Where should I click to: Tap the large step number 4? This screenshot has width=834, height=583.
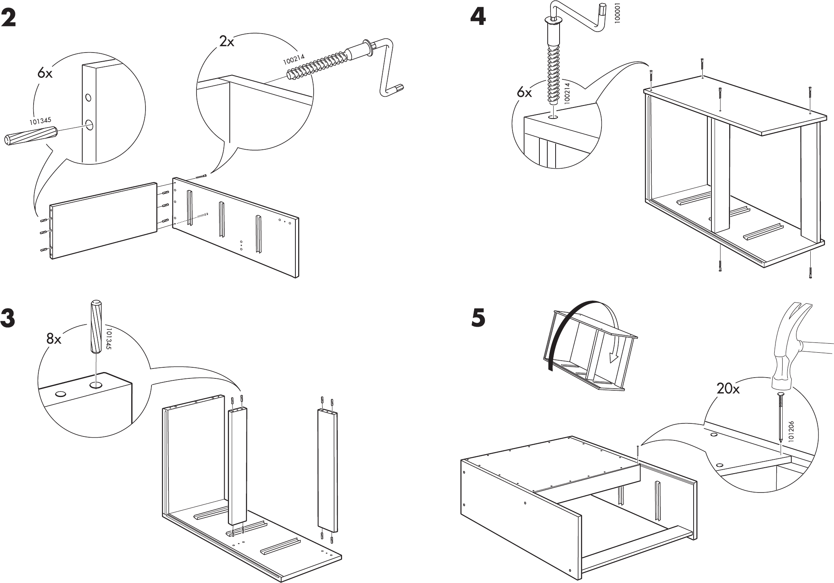pos(478,17)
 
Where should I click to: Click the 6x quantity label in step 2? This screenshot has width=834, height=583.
pos(45,73)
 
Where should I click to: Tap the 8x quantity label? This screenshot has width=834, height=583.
pos(54,339)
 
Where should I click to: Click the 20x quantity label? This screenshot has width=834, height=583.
pos(728,389)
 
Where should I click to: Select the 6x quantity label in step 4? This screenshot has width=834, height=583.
pos(524,93)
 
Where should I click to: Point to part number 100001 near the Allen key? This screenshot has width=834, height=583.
pos(618,13)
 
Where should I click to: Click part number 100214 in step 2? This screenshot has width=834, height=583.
pos(294,59)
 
